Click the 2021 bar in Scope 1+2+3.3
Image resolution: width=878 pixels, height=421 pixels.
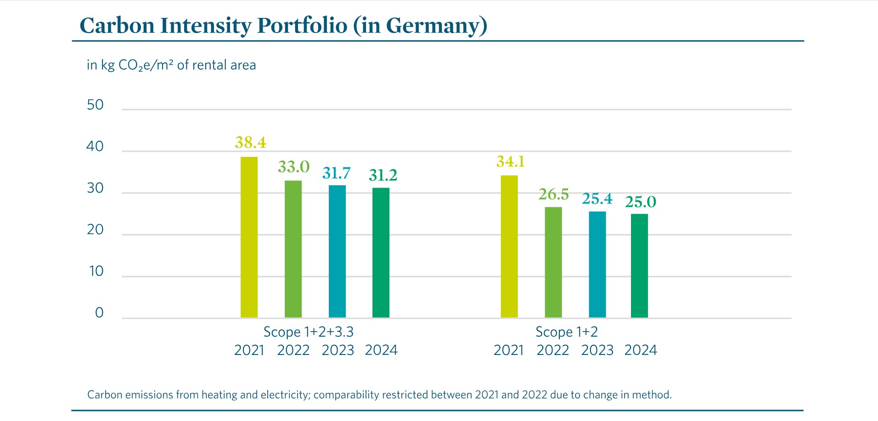coord(249,237)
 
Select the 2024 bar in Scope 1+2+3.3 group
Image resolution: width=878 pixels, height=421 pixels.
coord(381,253)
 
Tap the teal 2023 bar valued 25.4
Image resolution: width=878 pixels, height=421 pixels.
coord(597,265)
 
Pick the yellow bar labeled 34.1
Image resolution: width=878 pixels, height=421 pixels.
coord(509,246)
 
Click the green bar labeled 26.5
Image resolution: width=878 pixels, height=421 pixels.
coord(553,262)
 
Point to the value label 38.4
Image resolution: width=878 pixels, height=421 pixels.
coord(250,143)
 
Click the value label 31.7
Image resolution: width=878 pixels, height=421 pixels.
coord(336,173)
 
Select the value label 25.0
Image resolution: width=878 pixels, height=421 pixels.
coord(641,202)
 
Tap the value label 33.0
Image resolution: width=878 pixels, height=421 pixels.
coord(293,167)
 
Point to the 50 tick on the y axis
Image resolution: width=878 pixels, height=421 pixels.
coord(95,105)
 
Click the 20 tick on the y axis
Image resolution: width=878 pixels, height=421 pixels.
coord(95,230)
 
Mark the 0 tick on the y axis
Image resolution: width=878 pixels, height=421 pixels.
coord(99,313)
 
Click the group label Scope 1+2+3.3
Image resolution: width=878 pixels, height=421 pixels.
coord(308,332)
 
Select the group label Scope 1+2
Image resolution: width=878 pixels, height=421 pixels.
coord(566,332)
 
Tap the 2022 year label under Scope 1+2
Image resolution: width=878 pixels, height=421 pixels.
coord(552,350)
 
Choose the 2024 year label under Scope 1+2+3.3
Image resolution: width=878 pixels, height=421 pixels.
coord(381,350)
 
